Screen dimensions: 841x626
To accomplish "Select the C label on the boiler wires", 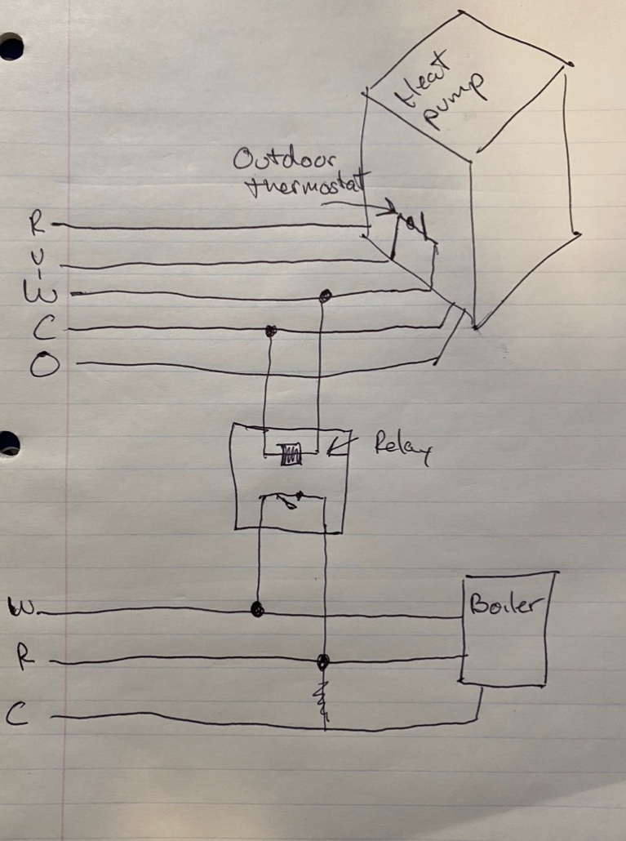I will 17,715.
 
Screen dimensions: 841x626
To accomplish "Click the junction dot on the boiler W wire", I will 257,610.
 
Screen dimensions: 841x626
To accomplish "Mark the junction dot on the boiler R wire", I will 323,660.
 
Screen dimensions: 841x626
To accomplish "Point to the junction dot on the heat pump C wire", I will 270,331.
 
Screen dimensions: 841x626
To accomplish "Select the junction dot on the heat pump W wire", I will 325,296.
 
